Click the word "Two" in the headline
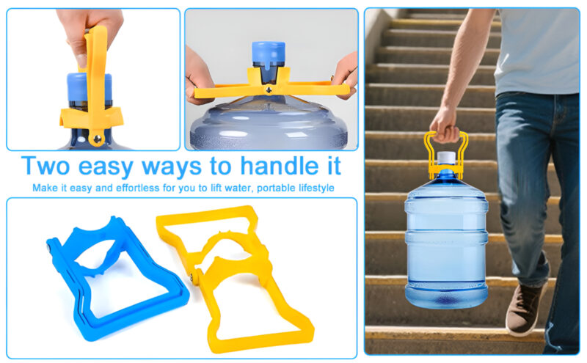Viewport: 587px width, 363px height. coord(47,165)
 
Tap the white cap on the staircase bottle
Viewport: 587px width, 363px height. coord(446,158)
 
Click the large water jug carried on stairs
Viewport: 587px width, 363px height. coord(446,242)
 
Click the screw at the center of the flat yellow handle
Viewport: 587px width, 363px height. coord(270,89)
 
